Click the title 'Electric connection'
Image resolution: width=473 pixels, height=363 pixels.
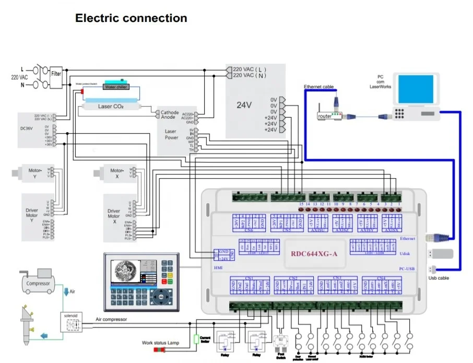[131, 18]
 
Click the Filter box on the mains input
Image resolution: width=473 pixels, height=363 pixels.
[56, 74]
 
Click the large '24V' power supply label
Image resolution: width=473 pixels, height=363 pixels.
[244, 104]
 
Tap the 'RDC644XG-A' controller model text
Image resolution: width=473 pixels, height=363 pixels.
[314, 254]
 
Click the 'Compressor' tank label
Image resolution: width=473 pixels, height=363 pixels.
[39, 284]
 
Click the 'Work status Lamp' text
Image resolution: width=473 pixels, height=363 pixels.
[161, 343]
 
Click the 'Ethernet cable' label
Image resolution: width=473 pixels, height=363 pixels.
[318, 87]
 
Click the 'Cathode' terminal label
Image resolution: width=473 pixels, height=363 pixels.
[169, 112]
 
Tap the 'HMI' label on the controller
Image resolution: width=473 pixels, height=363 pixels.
[218, 267]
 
